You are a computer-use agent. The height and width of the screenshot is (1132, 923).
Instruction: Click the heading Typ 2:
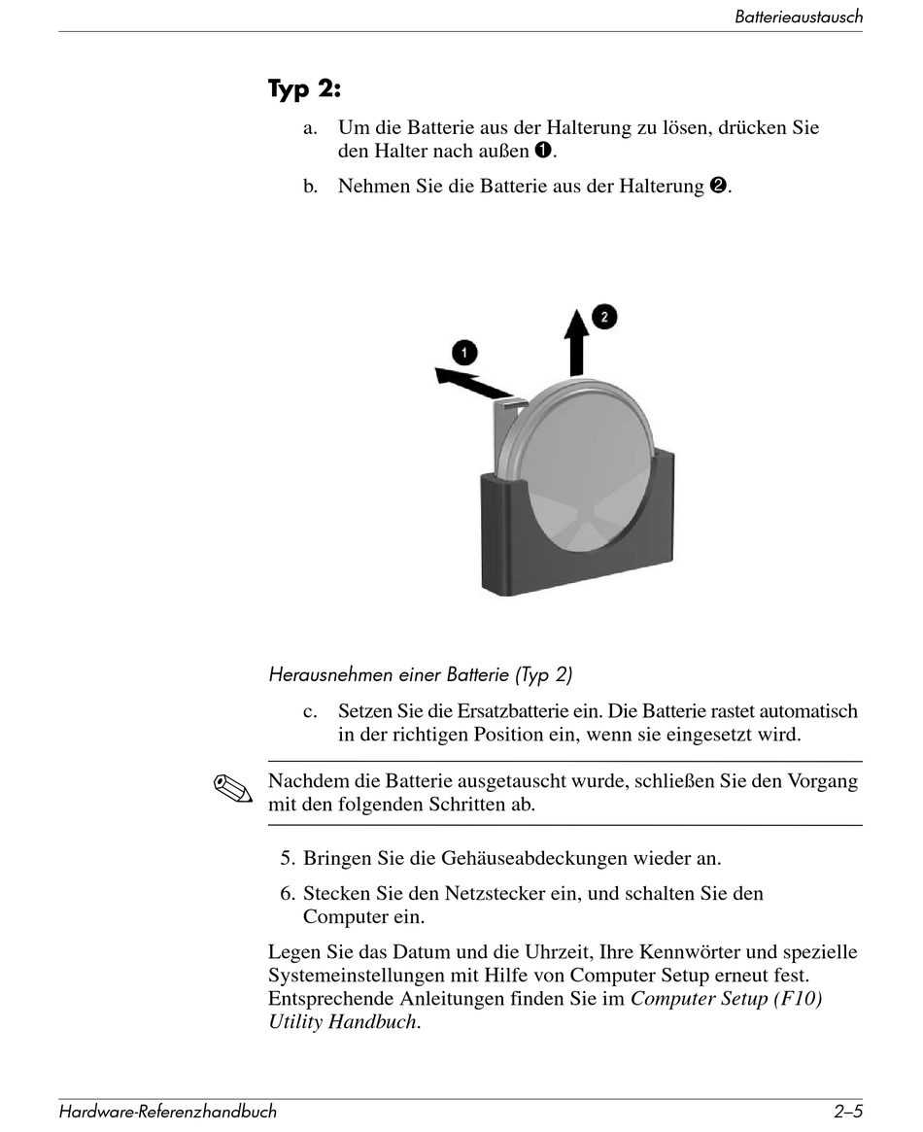pos(304,90)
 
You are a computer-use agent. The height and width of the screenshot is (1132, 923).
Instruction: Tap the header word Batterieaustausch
pos(799,17)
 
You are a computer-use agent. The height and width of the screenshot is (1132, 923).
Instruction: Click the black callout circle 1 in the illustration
pos(463,352)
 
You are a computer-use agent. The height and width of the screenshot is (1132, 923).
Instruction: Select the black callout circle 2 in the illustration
pos(603,317)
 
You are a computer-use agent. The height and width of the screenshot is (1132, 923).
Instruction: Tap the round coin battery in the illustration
pos(582,461)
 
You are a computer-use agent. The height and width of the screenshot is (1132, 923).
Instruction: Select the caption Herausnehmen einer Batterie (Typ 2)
pos(421,674)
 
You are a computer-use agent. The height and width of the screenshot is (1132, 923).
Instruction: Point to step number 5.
pos(288,859)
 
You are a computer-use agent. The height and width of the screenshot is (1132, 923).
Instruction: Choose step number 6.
pos(288,894)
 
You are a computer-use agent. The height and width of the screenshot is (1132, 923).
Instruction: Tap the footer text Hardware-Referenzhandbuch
pos(167,1112)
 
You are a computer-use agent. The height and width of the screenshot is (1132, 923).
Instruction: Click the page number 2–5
pos(846,1112)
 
